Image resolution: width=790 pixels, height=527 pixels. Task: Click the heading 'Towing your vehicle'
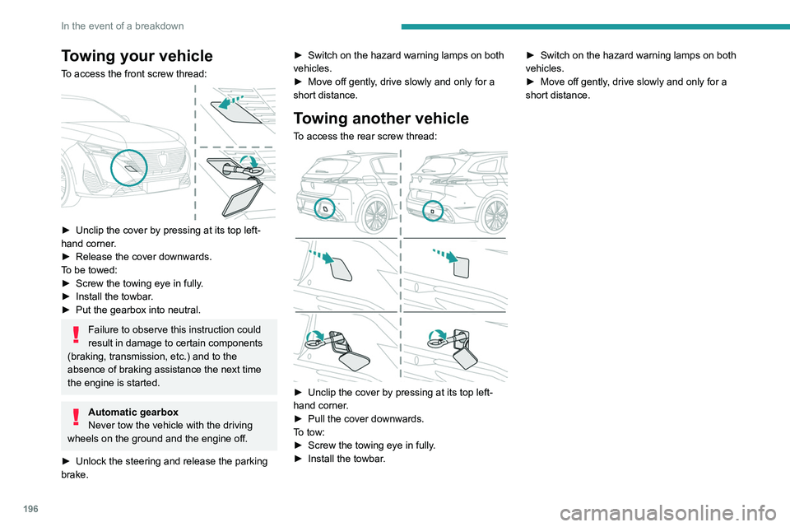click(x=137, y=56)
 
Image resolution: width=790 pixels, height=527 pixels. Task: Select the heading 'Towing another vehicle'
click(x=381, y=118)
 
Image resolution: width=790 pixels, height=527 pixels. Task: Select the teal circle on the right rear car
click(x=434, y=211)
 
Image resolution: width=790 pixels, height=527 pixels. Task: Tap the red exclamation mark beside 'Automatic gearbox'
click(x=77, y=417)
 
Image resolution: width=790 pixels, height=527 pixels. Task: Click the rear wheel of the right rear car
click(x=495, y=216)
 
